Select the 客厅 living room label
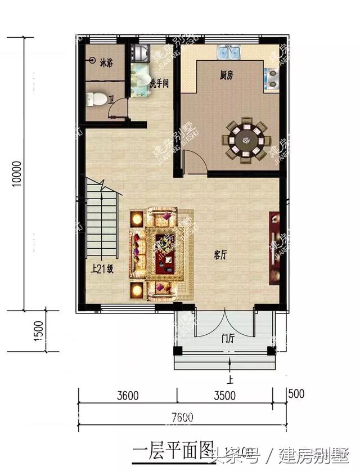click(x=220, y=255)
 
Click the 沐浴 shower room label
click(x=106, y=62)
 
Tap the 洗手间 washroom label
click(x=159, y=83)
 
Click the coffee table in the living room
click(x=165, y=252)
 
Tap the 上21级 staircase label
click(x=103, y=269)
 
